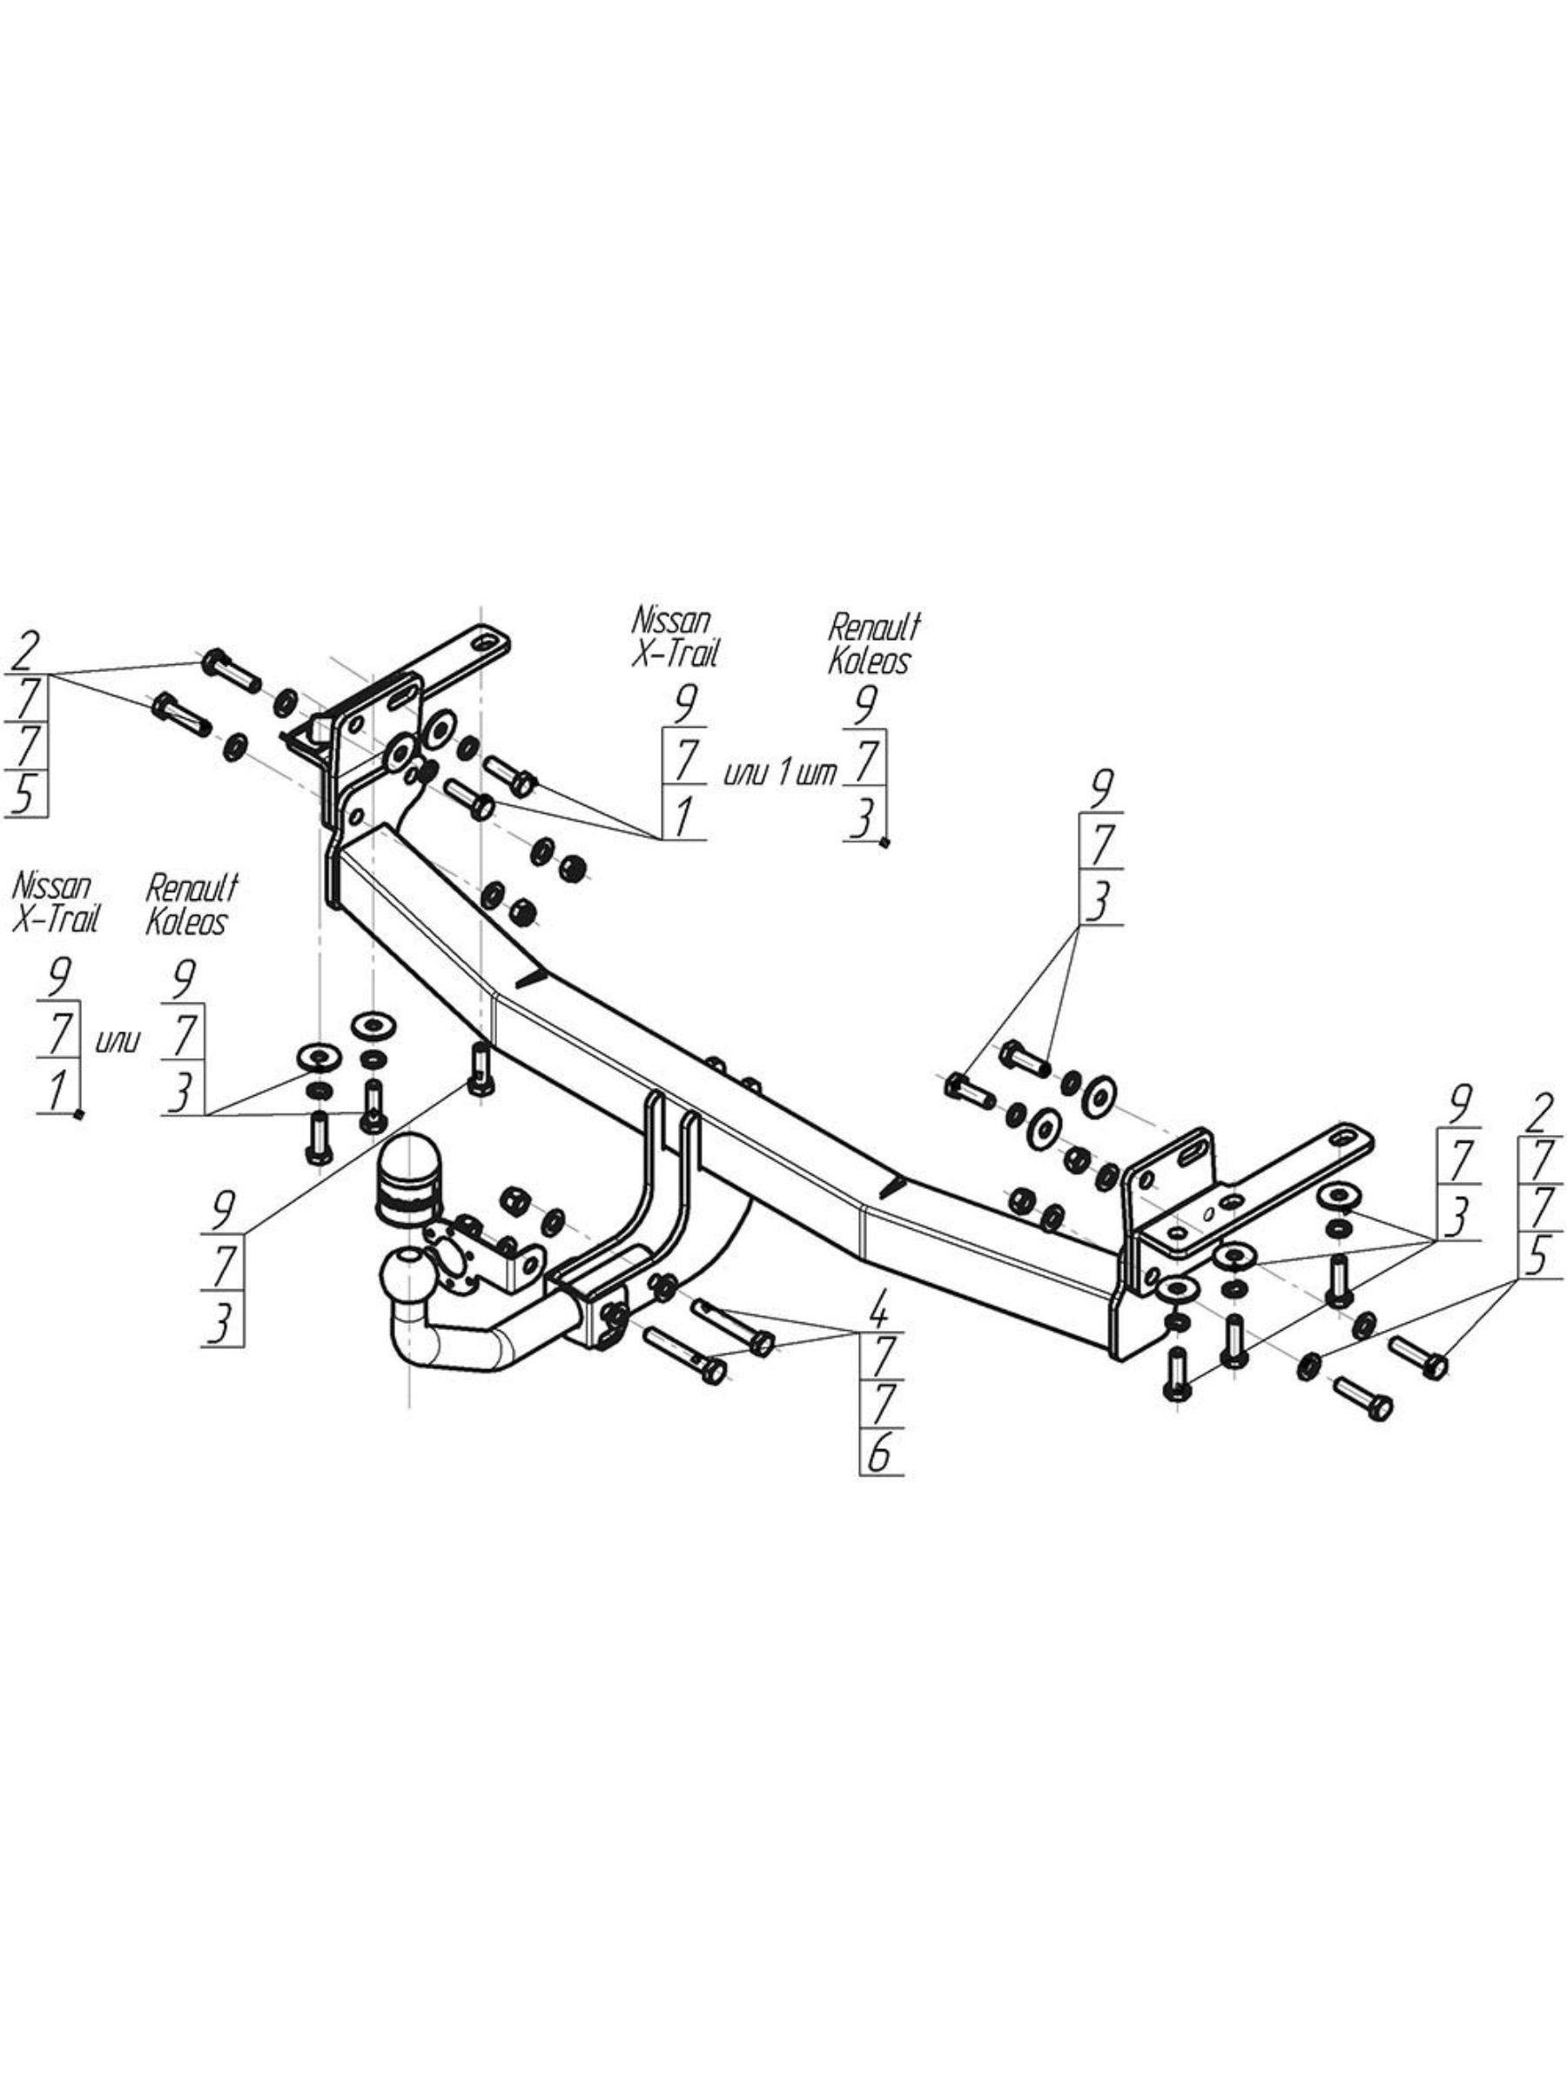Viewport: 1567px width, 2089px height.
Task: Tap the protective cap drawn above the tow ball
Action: coord(408,1181)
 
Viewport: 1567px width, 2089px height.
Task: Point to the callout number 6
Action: coord(878,1454)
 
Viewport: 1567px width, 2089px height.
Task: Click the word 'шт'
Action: coord(817,775)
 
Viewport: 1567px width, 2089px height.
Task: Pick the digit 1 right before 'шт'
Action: coord(785,775)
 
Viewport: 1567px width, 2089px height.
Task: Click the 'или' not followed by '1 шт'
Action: coord(118,1042)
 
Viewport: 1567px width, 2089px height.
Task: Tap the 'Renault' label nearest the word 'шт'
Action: coord(874,626)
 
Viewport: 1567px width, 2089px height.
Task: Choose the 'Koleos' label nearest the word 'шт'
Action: coord(868,661)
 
